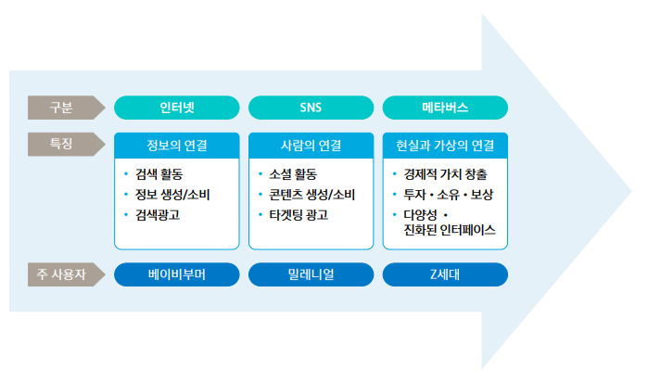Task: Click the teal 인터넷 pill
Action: (176, 108)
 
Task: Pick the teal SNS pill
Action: (311, 108)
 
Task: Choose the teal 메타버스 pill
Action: (445, 108)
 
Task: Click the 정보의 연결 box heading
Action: (176, 146)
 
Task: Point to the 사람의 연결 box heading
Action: (311, 146)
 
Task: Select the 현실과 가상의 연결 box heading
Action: (445, 146)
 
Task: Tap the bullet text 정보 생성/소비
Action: (166, 194)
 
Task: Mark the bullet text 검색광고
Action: (157, 214)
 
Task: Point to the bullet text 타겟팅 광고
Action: (298, 214)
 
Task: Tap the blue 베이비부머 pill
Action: (176, 275)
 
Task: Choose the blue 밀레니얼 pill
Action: (311, 275)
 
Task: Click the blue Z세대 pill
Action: (445, 275)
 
